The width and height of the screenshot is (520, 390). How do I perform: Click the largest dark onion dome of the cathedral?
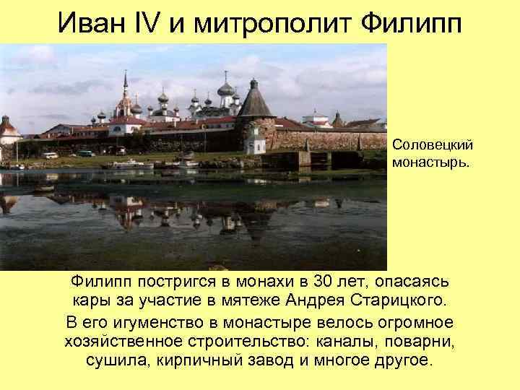(x=226, y=90)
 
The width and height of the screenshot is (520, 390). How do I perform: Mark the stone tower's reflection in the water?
(x=254, y=217)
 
